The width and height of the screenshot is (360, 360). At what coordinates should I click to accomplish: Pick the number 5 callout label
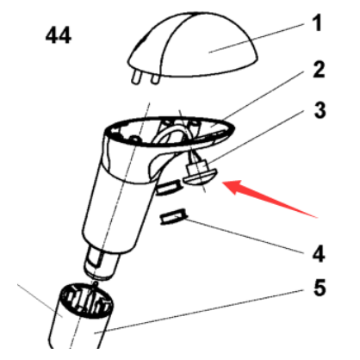[318, 289]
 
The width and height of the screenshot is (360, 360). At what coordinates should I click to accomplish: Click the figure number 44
[58, 36]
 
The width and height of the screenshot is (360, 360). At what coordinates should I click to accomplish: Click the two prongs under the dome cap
[146, 80]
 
